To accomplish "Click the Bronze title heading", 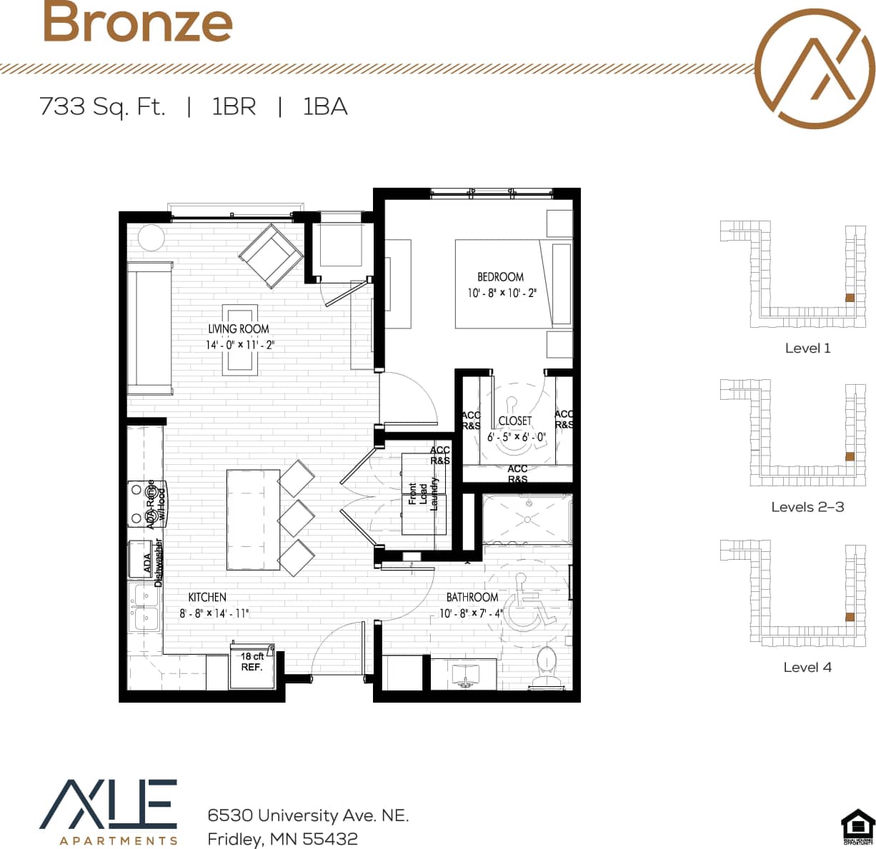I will click(137, 22).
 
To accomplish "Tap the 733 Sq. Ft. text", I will click(102, 107).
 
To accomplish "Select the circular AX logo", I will click(815, 69).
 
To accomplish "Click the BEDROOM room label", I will click(500, 277).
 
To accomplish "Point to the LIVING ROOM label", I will click(239, 329).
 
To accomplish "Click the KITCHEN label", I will click(207, 597).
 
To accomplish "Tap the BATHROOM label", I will click(472, 597).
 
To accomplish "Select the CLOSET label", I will click(515, 421).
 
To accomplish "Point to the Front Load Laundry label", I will click(423, 494).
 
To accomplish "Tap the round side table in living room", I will click(151, 237).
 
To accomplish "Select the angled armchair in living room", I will click(271, 256).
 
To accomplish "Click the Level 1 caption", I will click(807, 348).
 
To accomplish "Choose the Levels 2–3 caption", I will click(807, 507).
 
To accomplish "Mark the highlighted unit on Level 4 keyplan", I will click(850, 617).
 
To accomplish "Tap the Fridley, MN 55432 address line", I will click(282, 839).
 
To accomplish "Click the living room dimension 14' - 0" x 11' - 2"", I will click(240, 345).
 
